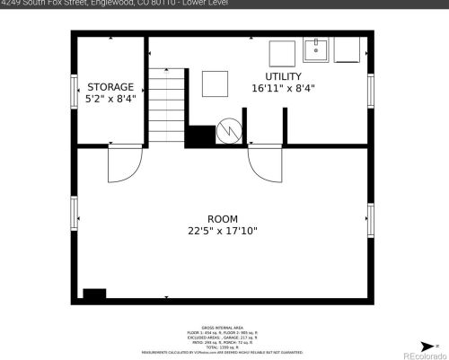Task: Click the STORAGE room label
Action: [x=110, y=87]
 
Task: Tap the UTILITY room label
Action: [x=283, y=76]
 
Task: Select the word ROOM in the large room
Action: [x=223, y=219]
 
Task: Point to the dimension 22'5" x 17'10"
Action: [x=223, y=231]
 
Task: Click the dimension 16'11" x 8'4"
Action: [x=283, y=88]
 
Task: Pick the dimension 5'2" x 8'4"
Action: [x=110, y=99]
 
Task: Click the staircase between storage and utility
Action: [x=166, y=106]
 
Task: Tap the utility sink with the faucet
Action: [x=317, y=48]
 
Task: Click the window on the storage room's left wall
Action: [x=75, y=91]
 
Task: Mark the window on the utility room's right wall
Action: [x=370, y=91]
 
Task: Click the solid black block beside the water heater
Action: [x=200, y=135]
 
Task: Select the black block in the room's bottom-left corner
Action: [x=93, y=294]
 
